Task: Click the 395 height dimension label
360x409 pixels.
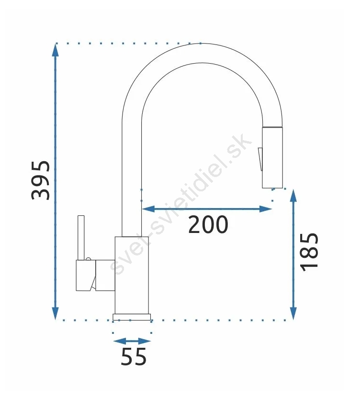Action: [x=41, y=180]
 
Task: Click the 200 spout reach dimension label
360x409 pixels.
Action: [x=208, y=224]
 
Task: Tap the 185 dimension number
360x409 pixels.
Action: [x=309, y=252]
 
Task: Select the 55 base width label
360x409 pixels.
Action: [x=134, y=356]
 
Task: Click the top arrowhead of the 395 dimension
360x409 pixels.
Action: [x=55, y=50]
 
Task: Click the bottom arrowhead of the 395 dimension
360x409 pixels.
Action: [x=55, y=313]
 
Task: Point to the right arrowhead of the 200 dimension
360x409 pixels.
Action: [x=266, y=209]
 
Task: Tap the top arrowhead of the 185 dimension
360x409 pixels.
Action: [x=293, y=196]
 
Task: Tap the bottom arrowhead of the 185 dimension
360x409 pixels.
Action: [x=293, y=313]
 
